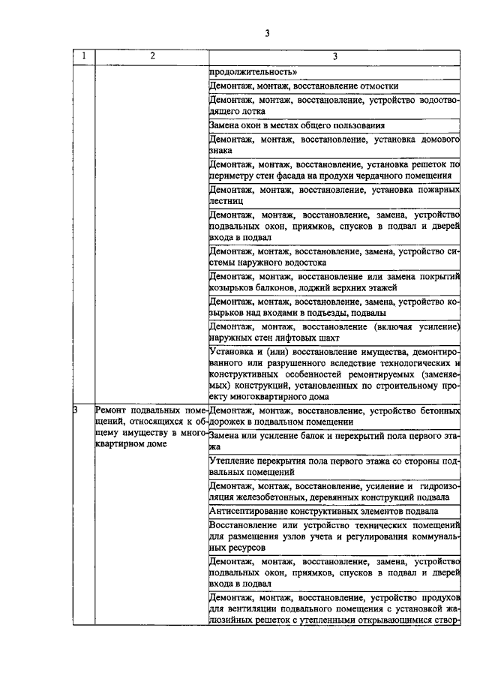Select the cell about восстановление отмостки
pos(334,86)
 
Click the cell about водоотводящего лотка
pos(334,105)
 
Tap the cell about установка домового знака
pos(334,144)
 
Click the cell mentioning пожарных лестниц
pos(334,197)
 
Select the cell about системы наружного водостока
pos(334,257)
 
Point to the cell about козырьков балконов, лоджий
pos(334,282)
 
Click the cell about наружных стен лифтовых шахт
pos(334,332)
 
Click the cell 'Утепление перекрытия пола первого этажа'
pos(334,467)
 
